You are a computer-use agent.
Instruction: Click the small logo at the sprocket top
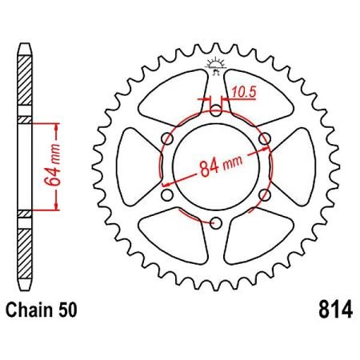pyautogui.click(x=215, y=66)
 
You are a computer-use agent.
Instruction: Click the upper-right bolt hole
pyautogui.click(x=264, y=138)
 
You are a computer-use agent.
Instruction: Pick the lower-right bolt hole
pyautogui.click(x=264, y=194)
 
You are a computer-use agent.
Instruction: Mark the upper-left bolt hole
pyautogui.click(x=167, y=138)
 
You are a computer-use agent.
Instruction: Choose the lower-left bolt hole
pyautogui.click(x=167, y=194)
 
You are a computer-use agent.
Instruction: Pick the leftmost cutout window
pyautogui.click(x=137, y=166)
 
